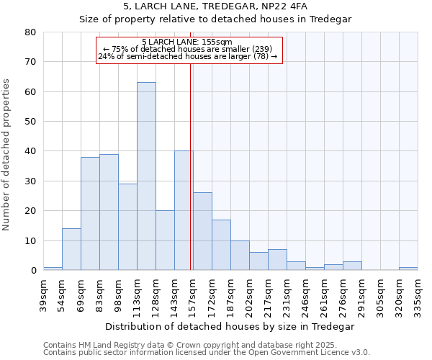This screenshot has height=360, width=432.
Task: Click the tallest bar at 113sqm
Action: pyautogui.click(x=146, y=176)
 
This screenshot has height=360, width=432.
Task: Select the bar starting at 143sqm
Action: pyautogui.click(x=184, y=211)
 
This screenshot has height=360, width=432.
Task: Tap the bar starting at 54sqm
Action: pyautogui.click(x=71, y=249)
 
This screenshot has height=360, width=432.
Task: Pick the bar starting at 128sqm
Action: pyautogui.click(x=165, y=240)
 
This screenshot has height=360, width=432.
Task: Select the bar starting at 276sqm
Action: pyautogui.click(x=352, y=266)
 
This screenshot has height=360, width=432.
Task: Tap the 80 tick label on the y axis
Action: pyautogui.click(x=30, y=32)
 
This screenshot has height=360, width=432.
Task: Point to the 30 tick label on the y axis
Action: pyautogui.click(x=30, y=181)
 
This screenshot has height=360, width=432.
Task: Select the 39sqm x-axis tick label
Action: pyautogui.click(x=43, y=294)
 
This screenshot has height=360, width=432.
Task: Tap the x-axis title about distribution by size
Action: pyautogui.click(x=230, y=326)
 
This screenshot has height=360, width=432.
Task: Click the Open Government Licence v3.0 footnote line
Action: pyautogui.click(x=207, y=352)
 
